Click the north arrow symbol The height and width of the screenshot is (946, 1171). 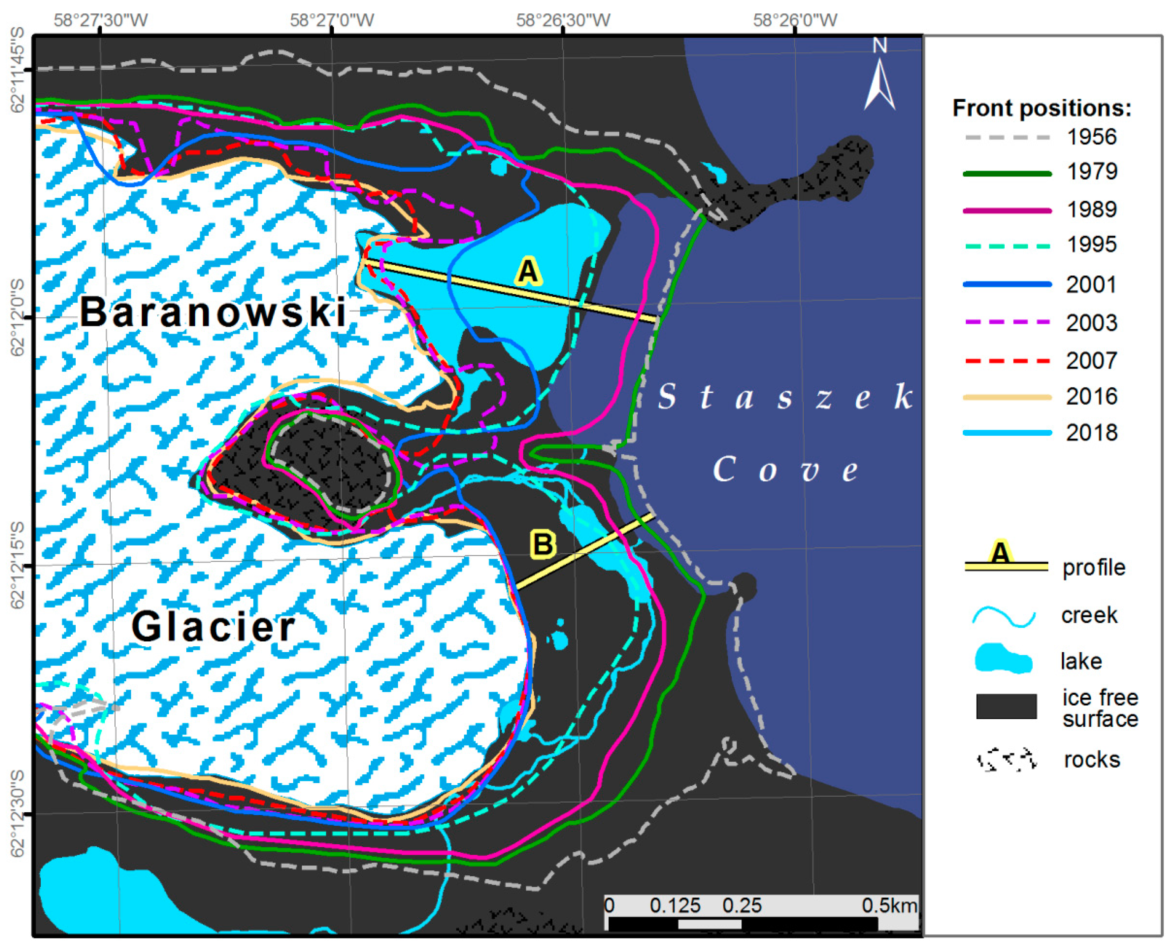[879, 82]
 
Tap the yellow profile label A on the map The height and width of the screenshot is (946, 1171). [528, 271]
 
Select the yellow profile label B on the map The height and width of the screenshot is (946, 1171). [543, 544]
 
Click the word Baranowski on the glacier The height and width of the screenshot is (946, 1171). [213, 313]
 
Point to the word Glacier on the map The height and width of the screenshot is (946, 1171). [213, 627]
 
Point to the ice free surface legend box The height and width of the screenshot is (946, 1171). [1006, 707]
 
